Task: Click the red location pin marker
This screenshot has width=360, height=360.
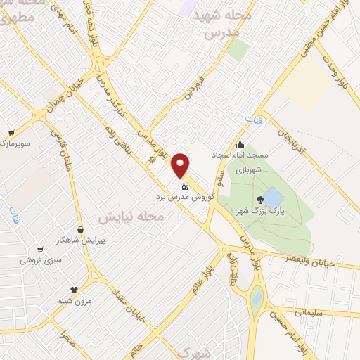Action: [181, 165]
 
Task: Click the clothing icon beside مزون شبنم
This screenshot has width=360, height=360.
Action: [74, 289]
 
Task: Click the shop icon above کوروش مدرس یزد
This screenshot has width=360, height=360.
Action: [185, 186]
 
